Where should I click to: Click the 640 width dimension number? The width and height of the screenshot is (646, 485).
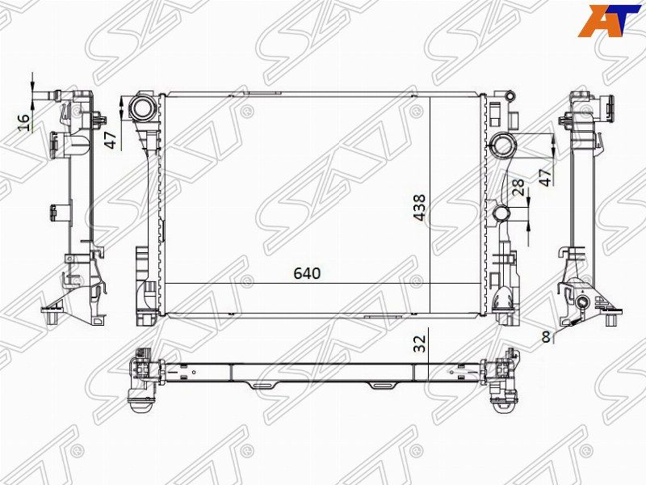[307, 273]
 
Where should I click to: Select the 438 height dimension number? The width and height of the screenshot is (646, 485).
[420, 208]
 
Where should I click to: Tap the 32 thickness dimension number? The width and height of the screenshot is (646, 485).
[419, 344]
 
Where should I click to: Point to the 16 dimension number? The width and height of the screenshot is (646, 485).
[24, 123]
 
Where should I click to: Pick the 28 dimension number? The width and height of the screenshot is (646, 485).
[518, 187]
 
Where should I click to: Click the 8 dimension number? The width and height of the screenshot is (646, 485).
[547, 337]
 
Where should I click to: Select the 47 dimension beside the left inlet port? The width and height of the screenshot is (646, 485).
[111, 139]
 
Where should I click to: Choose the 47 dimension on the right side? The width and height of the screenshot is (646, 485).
[545, 177]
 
